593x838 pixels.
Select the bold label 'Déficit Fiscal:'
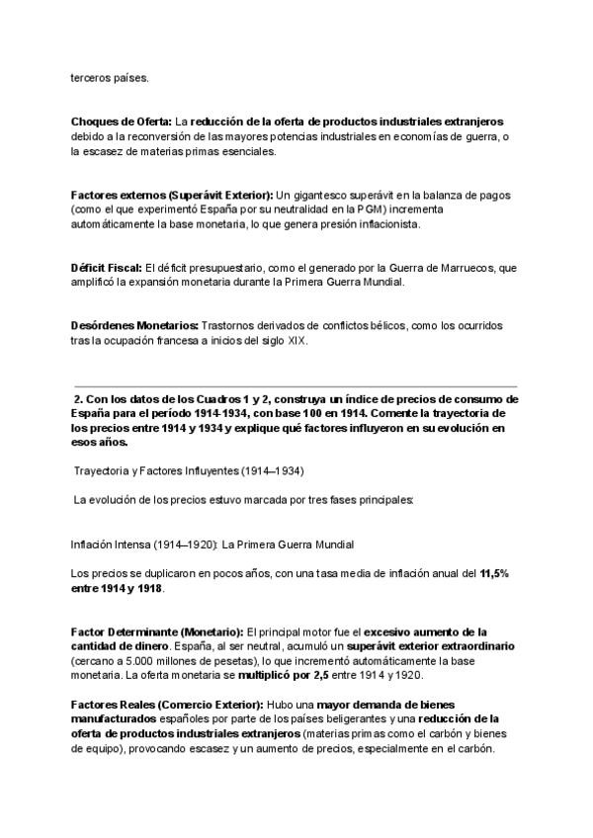click(x=107, y=268)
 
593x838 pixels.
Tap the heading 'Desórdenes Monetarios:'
click(x=134, y=326)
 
